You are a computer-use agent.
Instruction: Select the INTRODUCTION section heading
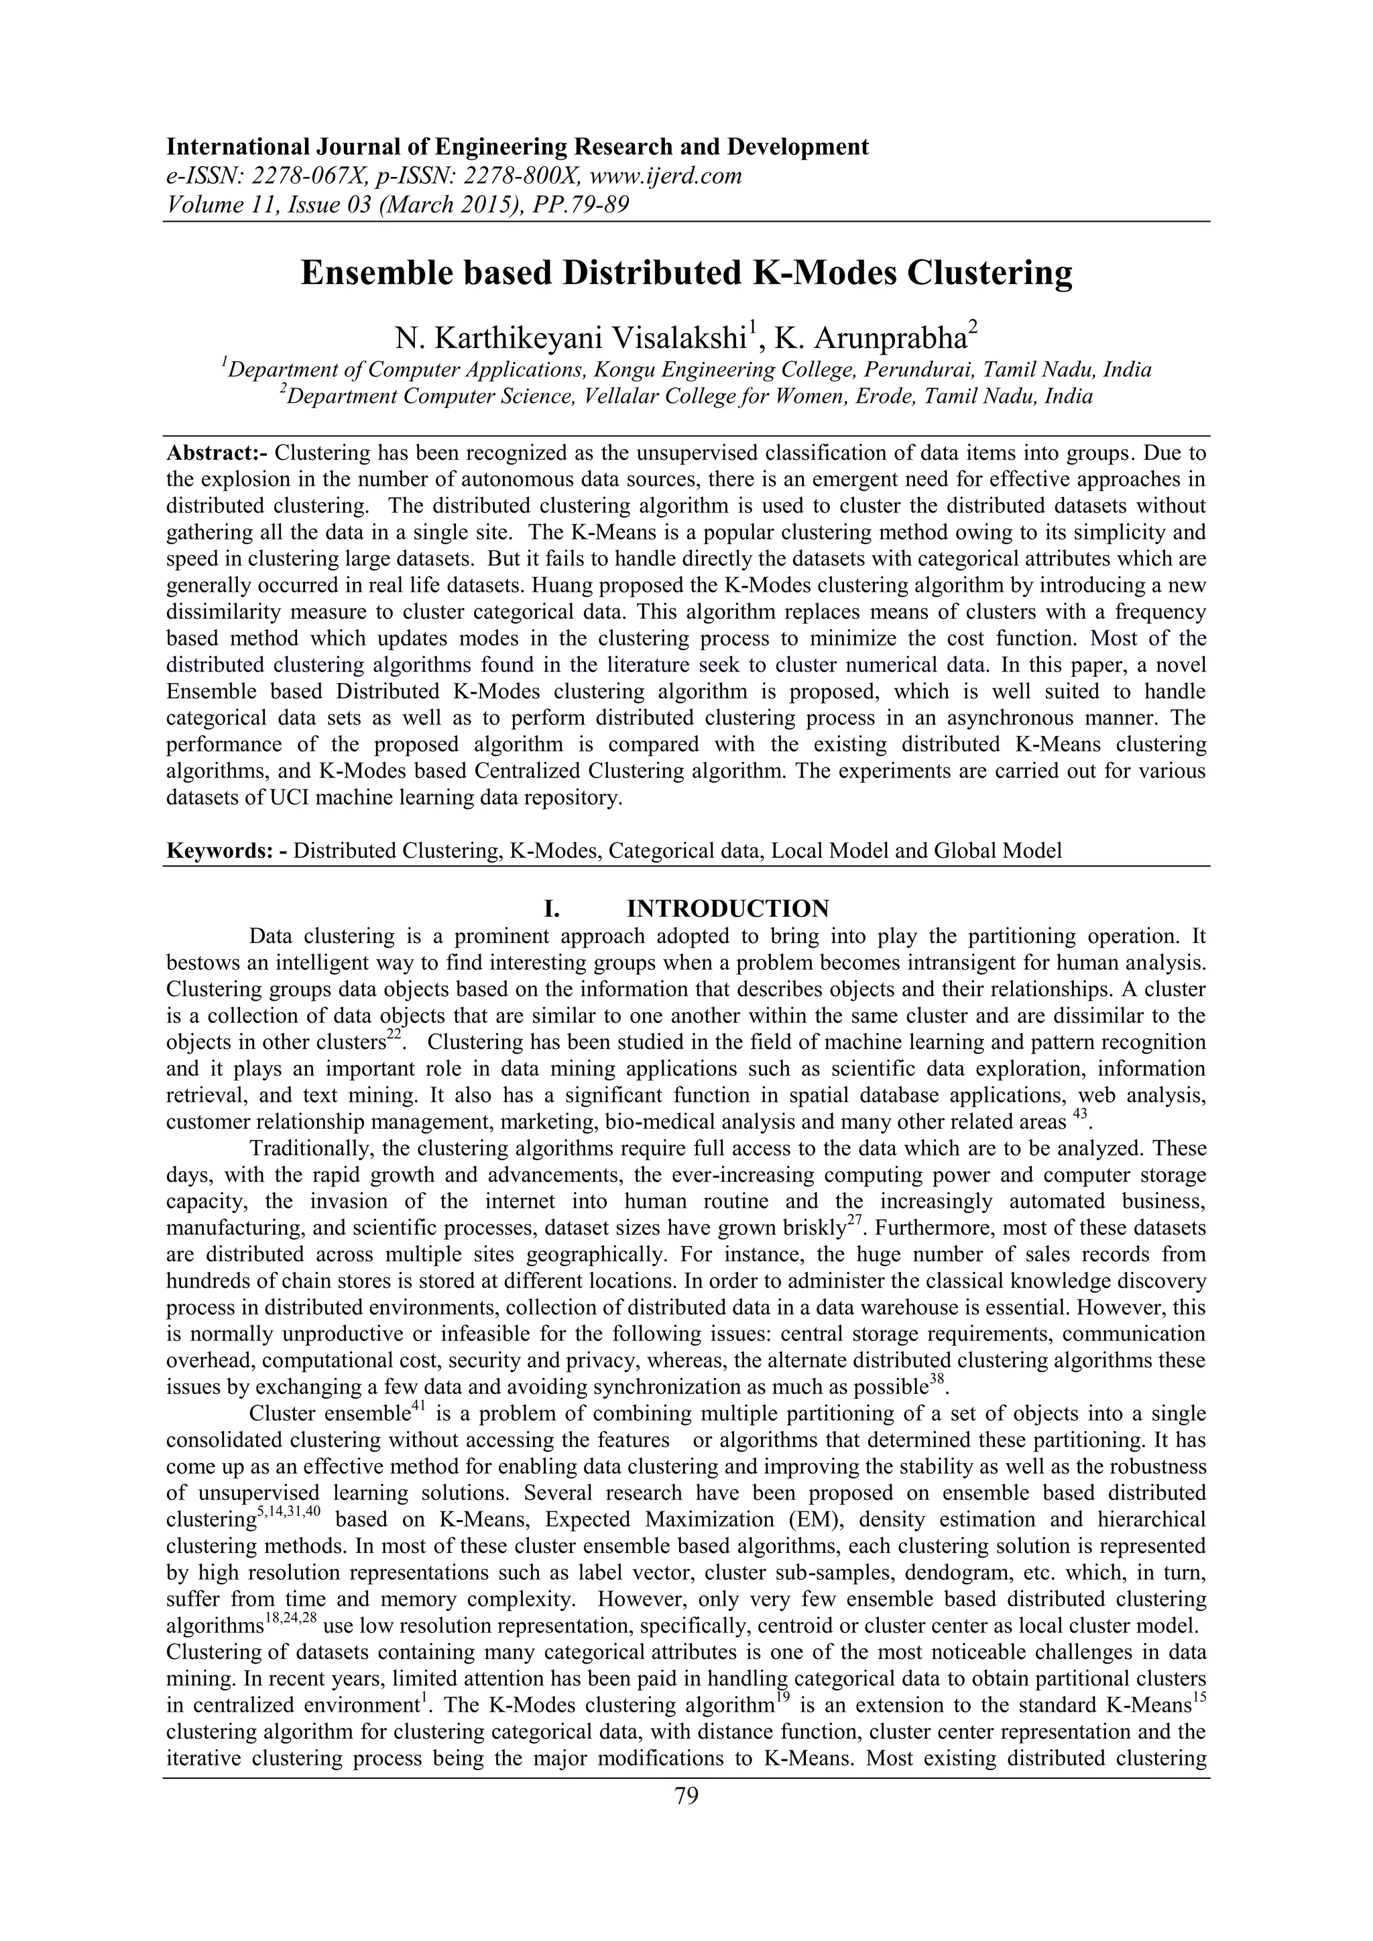click(x=727, y=909)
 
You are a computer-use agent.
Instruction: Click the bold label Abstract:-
click(x=217, y=453)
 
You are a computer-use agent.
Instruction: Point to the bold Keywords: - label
click(x=226, y=851)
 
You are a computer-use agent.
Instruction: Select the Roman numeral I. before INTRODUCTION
click(x=552, y=909)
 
